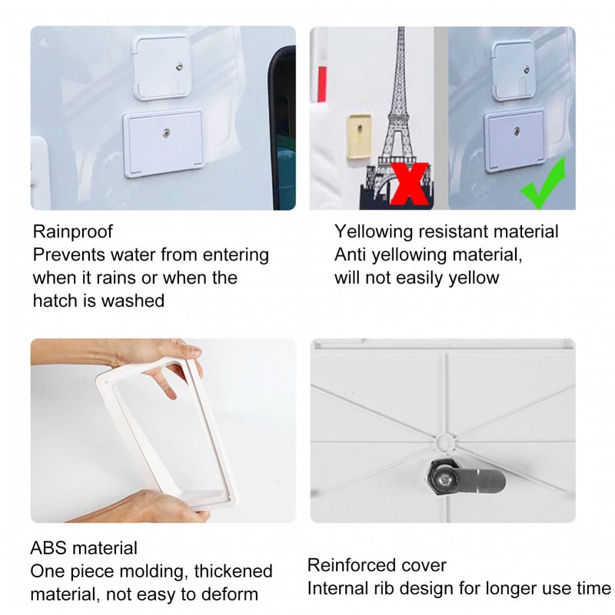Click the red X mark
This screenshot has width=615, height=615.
pos(410,184)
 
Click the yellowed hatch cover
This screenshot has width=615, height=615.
pos(359,136)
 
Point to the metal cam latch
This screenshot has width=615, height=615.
pos(465,479)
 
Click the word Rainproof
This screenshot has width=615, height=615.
pos(72,231)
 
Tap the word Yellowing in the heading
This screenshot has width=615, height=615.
pos(374,231)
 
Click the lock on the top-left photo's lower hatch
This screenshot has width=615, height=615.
pos(167,134)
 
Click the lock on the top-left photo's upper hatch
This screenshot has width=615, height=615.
pos(179,66)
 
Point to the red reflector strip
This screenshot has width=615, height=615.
pos(322,84)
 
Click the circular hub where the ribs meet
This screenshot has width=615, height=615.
pos(444,442)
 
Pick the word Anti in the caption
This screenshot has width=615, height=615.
pos(350,254)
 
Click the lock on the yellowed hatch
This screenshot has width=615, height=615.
pos(360,128)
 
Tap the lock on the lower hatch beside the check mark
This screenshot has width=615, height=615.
pos(517,131)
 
